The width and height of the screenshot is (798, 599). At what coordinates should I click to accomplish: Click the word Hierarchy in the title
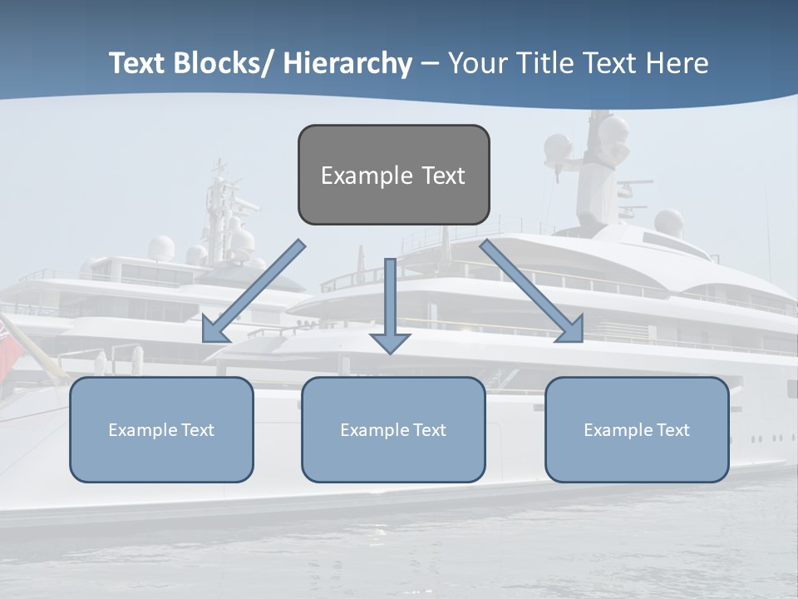[347, 64]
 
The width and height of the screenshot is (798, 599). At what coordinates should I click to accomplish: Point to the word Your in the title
[476, 64]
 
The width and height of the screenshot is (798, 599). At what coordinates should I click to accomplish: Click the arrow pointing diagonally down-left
[254, 291]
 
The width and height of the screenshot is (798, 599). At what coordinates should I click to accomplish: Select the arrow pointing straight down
[390, 304]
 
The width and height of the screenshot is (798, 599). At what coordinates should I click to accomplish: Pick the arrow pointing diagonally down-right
[532, 291]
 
